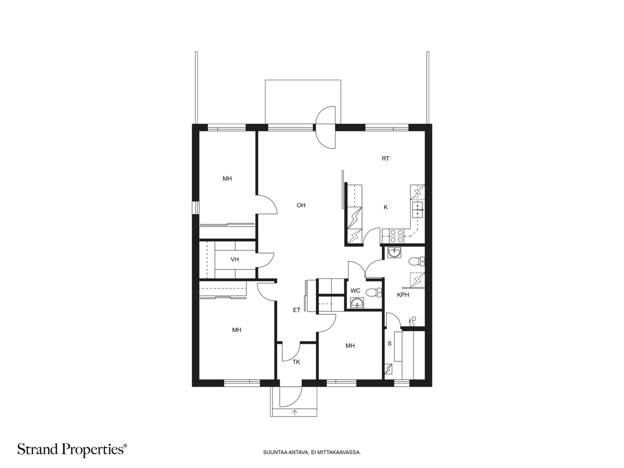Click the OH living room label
click(301, 205)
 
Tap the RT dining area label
click(385, 159)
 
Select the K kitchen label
click(385, 207)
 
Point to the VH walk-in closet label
click(234, 259)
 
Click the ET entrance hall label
click(296, 310)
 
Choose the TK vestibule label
click(296, 362)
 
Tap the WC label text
click(355, 291)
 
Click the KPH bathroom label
click(403, 295)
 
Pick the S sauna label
click(390, 344)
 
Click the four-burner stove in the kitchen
click(396, 236)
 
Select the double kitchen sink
click(417, 210)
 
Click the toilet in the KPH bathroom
click(417, 261)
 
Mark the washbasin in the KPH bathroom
click(394, 252)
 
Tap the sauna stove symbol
click(388, 369)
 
